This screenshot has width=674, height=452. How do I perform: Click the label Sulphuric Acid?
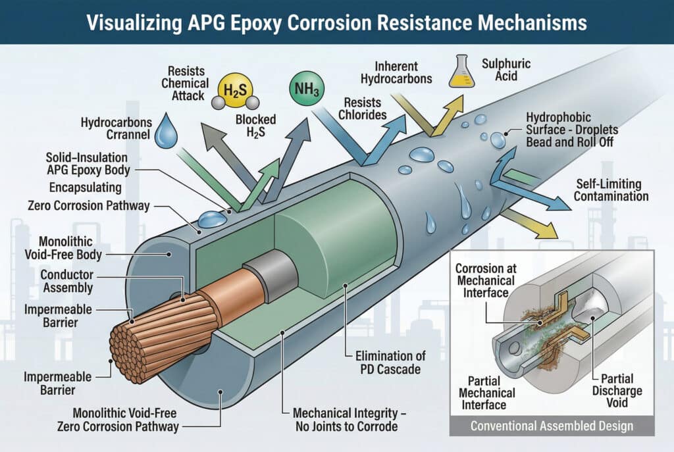pyautogui.click(x=506, y=70)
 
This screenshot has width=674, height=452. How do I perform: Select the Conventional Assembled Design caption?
pyautogui.click(x=552, y=426)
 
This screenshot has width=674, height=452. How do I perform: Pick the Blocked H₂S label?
pyautogui.click(x=255, y=126)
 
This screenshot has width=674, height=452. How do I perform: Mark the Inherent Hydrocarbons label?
pyautogui.click(x=403, y=72)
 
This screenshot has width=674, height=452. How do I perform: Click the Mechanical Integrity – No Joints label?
pyautogui.click(x=355, y=420)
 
